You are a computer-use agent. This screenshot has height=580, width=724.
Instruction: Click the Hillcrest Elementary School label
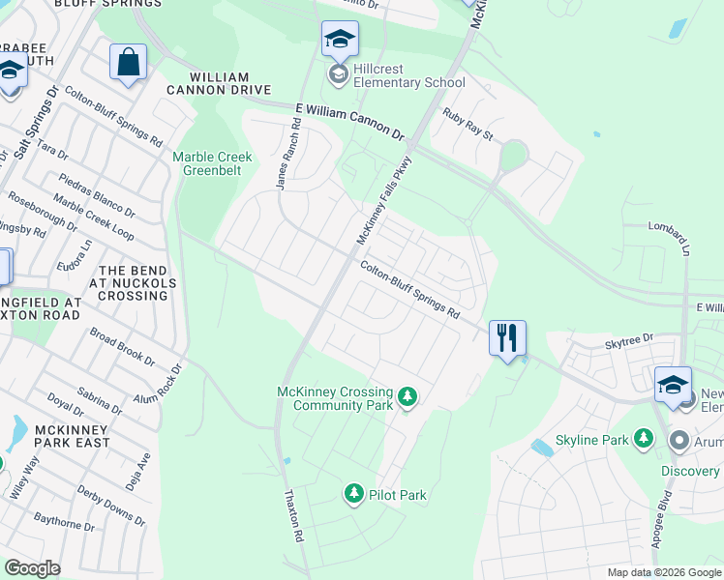pos(408,82)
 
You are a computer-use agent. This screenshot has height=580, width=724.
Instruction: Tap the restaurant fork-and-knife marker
pos(507,338)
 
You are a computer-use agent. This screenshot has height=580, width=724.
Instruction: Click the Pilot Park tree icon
pos(354,495)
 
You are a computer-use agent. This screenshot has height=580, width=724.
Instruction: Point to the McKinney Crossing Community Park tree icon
pos(407,396)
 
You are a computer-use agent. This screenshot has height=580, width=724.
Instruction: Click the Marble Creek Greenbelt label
pos(212,163)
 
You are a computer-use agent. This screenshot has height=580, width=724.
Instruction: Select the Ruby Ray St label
pos(468,124)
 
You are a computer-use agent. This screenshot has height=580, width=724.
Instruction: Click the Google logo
pos(33,568)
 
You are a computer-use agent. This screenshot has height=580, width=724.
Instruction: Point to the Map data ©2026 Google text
pos(664,572)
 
